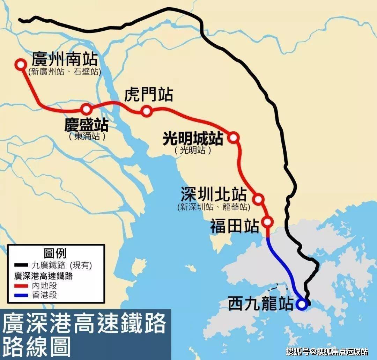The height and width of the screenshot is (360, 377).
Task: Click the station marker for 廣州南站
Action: pyautogui.click(x=21, y=64)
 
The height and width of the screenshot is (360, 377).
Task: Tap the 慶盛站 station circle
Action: pyautogui.click(x=86, y=109)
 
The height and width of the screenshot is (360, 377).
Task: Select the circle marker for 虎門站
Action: pyautogui.click(x=147, y=111)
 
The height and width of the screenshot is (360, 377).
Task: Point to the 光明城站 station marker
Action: pyautogui.click(x=234, y=138)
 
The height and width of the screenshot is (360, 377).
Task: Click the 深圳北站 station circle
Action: pyautogui.click(x=258, y=199)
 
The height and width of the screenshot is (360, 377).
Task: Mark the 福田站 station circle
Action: pyautogui.click(x=268, y=222)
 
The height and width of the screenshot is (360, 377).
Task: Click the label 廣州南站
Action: pyautogui.click(x=65, y=59)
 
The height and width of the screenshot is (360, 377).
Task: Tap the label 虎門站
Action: pyautogui.click(x=148, y=94)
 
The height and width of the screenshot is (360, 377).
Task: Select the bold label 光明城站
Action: pyautogui.click(x=193, y=139)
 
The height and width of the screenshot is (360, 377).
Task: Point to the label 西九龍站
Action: pyautogui.click(x=260, y=304)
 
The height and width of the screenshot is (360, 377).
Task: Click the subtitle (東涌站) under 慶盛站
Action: pyautogui.click(x=87, y=137)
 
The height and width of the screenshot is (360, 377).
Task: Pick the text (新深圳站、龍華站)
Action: pyautogui.click(x=214, y=207)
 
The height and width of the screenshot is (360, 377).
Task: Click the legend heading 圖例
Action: pyautogui.click(x=55, y=253)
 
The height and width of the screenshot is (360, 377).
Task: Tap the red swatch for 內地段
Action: pyautogui.click(x=21, y=286)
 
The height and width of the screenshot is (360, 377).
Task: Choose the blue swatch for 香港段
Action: pyautogui.click(x=21, y=295)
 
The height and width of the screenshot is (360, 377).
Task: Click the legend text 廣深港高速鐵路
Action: pyautogui.click(x=44, y=276)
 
